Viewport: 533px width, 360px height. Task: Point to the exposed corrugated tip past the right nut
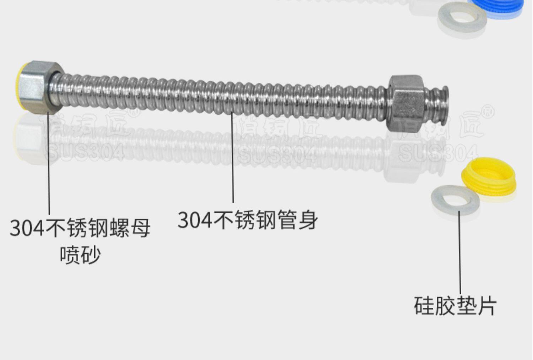[439, 105]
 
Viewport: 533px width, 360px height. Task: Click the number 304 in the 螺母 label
[27, 228]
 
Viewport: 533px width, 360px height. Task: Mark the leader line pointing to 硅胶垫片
[460, 252]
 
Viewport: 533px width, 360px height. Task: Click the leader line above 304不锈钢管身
[233, 156]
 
